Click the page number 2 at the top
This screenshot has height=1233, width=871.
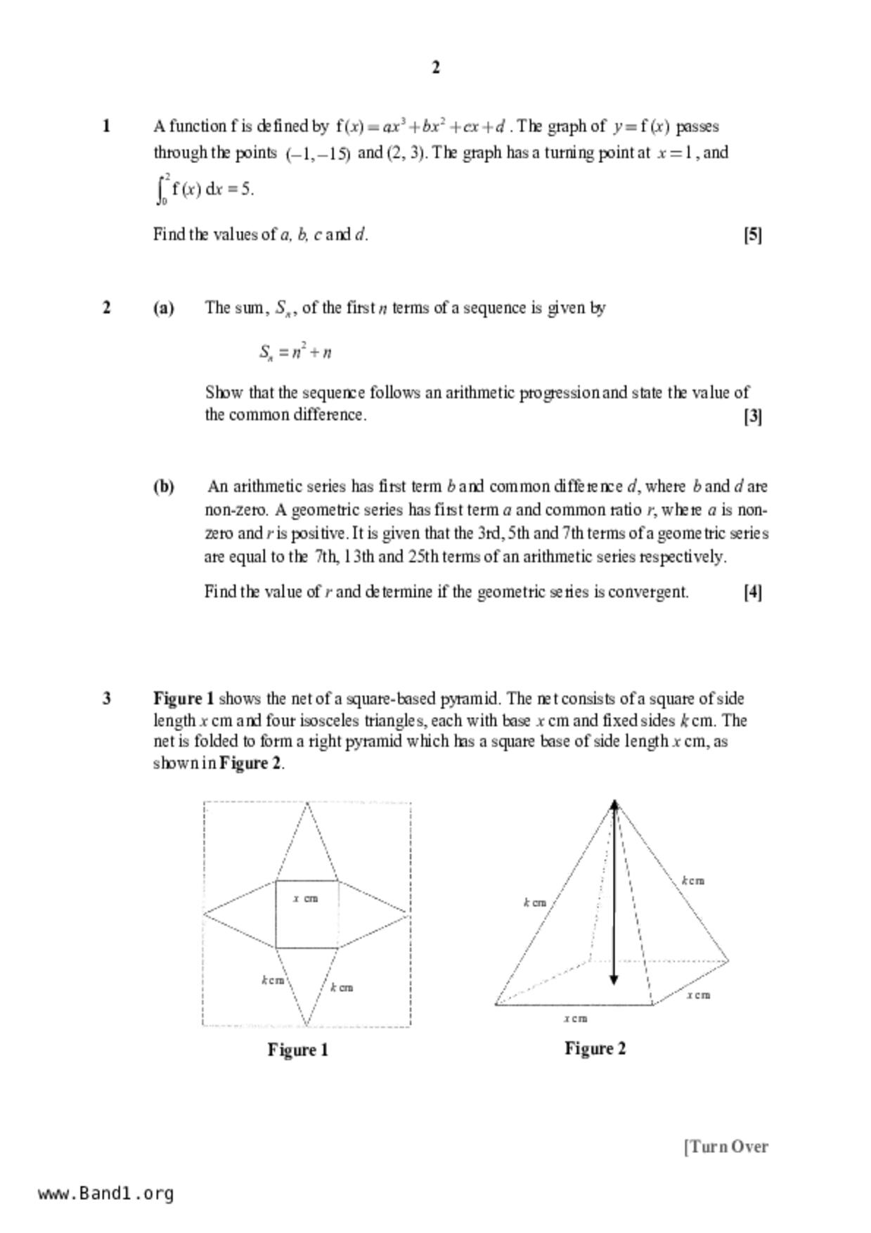(436, 67)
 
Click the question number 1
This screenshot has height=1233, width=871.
(106, 127)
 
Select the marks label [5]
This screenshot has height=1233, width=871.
(753, 235)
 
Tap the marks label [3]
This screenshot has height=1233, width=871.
(753, 416)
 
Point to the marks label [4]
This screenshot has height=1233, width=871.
(753, 592)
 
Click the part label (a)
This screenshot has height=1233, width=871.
(164, 308)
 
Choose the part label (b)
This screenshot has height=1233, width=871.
(164, 486)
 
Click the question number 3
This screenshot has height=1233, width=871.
(106, 699)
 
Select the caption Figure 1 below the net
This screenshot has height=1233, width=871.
(298, 1050)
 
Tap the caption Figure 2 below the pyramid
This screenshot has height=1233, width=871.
(595, 1049)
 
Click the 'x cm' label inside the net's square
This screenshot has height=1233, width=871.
(306, 898)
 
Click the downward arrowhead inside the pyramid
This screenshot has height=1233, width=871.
(614, 979)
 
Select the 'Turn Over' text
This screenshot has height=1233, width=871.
(727, 1147)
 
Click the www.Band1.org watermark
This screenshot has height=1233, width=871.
(105, 1194)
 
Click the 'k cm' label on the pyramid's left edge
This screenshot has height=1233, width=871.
(535, 903)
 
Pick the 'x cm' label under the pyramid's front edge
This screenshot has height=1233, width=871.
(575, 1018)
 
